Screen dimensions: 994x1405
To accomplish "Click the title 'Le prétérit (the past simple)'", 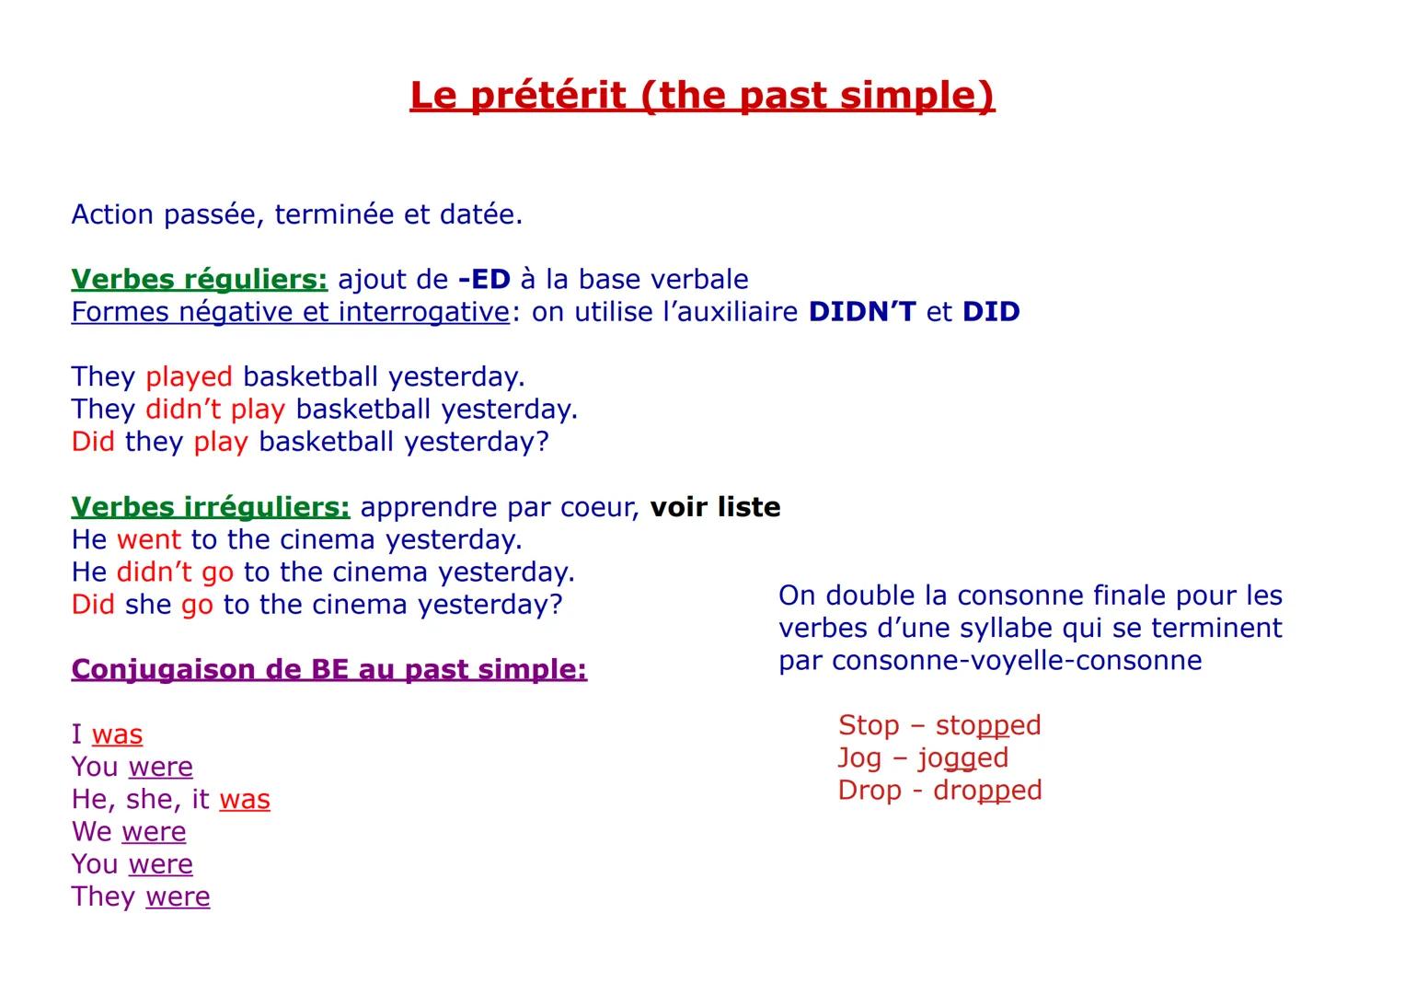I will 702,96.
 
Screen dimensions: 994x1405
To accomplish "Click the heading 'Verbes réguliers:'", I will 199,279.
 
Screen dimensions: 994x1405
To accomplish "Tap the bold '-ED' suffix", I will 484,279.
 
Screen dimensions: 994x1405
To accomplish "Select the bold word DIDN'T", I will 862,312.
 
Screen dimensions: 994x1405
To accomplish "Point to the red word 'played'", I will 189,376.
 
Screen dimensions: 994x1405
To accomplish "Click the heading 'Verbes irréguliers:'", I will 211,507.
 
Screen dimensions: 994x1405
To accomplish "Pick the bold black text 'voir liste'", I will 715,507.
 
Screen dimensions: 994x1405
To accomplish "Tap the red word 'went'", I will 149,539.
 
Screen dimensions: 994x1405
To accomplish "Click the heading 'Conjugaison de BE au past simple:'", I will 328,669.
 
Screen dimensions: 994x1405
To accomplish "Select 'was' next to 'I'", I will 117,734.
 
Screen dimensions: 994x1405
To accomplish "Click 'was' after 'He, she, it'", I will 245,799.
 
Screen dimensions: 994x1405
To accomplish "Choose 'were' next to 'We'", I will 154,832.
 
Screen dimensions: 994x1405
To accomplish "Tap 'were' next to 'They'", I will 178,896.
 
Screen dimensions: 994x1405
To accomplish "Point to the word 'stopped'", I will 988,725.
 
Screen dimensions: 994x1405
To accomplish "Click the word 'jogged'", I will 963,757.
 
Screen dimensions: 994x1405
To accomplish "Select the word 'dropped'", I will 987,791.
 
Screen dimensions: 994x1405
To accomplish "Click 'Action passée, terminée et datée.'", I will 297,214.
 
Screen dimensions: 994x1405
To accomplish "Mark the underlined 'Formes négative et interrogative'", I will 290,312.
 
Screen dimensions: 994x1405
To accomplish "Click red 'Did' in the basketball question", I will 93,442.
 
